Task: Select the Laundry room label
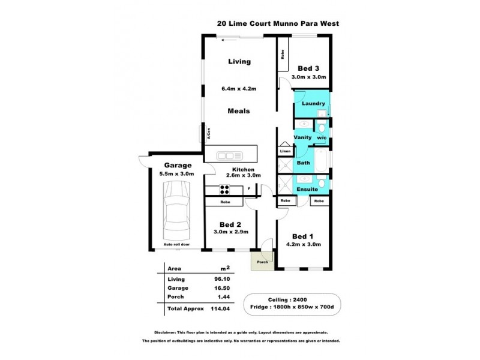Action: click(x=313, y=103)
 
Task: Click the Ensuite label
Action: click(x=307, y=189)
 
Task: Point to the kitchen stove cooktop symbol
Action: click(x=225, y=190)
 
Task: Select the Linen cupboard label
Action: click(x=285, y=151)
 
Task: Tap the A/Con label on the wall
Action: click(x=208, y=135)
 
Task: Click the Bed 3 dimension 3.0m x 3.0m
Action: click(x=308, y=77)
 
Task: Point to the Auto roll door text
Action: click(x=176, y=245)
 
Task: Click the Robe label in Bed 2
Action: click(x=226, y=202)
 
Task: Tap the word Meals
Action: click(x=238, y=111)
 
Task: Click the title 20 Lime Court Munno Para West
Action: click(x=278, y=25)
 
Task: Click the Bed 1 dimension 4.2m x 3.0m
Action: click(x=306, y=244)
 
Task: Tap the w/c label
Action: click(x=322, y=137)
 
